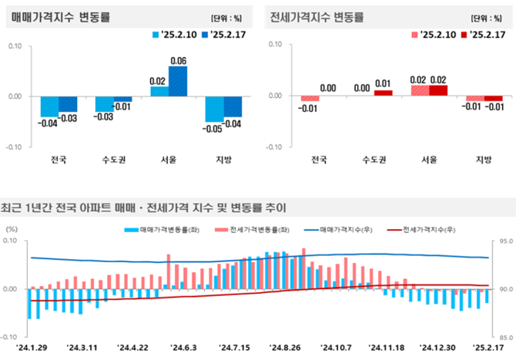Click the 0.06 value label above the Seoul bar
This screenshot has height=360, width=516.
(x=179, y=61)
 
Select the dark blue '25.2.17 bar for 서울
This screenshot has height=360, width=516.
(x=178, y=81)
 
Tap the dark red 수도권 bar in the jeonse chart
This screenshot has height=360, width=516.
(x=384, y=93)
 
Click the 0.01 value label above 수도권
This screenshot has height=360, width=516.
(x=384, y=83)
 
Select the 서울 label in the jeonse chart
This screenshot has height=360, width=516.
(x=429, y=160)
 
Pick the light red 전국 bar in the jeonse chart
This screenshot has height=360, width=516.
(x=310, y=99)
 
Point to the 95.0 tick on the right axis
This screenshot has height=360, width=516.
(x=504, y=241)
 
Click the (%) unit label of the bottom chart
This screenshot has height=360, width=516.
(x=12, y=229)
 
